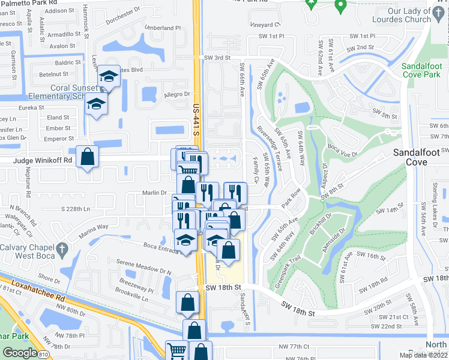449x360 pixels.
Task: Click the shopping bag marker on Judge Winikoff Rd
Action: (88, 156)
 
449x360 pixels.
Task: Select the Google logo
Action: (20, 352)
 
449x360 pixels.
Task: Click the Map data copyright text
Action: (423, 355)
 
